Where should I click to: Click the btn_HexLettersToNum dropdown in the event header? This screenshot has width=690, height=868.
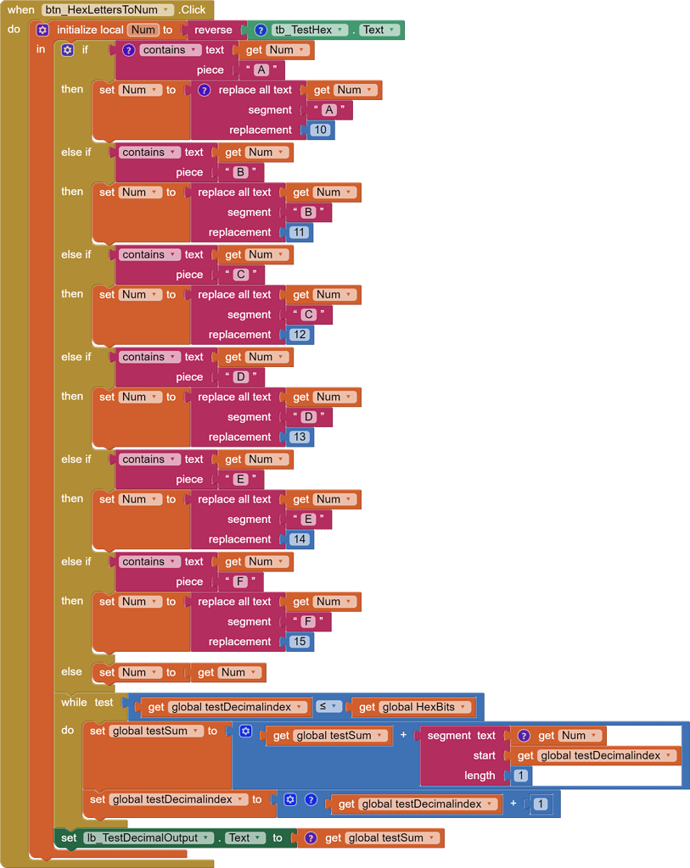pyautogui.click(x=108, y=9)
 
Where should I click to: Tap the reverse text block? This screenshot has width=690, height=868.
pyautogui.click(x=213, y=30)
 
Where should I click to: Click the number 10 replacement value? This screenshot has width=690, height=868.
pyautogui.click(x=320, y=130)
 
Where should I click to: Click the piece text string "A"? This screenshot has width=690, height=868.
pyautogui.click(x=261, y=70)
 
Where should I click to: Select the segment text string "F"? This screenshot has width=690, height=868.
pyautogui.click(x=308, y=621)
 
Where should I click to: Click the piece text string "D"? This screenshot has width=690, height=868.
pyautogui.click(x=240, y=377)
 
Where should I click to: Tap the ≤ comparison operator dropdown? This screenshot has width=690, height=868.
pyautogui.click(x=327, y=707)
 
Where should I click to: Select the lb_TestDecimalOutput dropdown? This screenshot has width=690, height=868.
pyautogui.click(x=148, y=837)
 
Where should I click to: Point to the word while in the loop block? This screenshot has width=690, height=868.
pyautogui.click(x=74, y=703)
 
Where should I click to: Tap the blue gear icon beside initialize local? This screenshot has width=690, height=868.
pyautogui.click(x=42, y=30)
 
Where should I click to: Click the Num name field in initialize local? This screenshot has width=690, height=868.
pyautogui.click(x=143, y=30)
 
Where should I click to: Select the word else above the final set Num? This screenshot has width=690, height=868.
pyautogui.click(x=71, y=671)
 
